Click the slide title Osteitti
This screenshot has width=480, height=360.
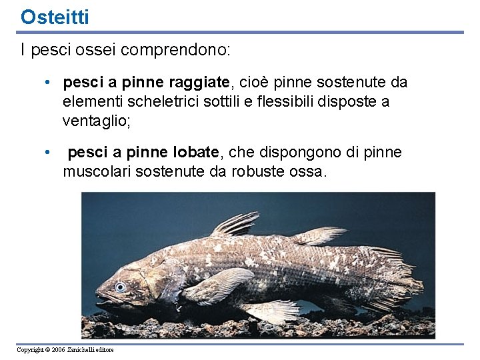[54, 17]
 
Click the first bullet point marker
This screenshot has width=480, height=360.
[48, 83]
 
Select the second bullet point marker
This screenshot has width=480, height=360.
[48, 153]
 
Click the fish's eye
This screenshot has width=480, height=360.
[120, 287]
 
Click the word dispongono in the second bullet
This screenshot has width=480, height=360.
[300, 153]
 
